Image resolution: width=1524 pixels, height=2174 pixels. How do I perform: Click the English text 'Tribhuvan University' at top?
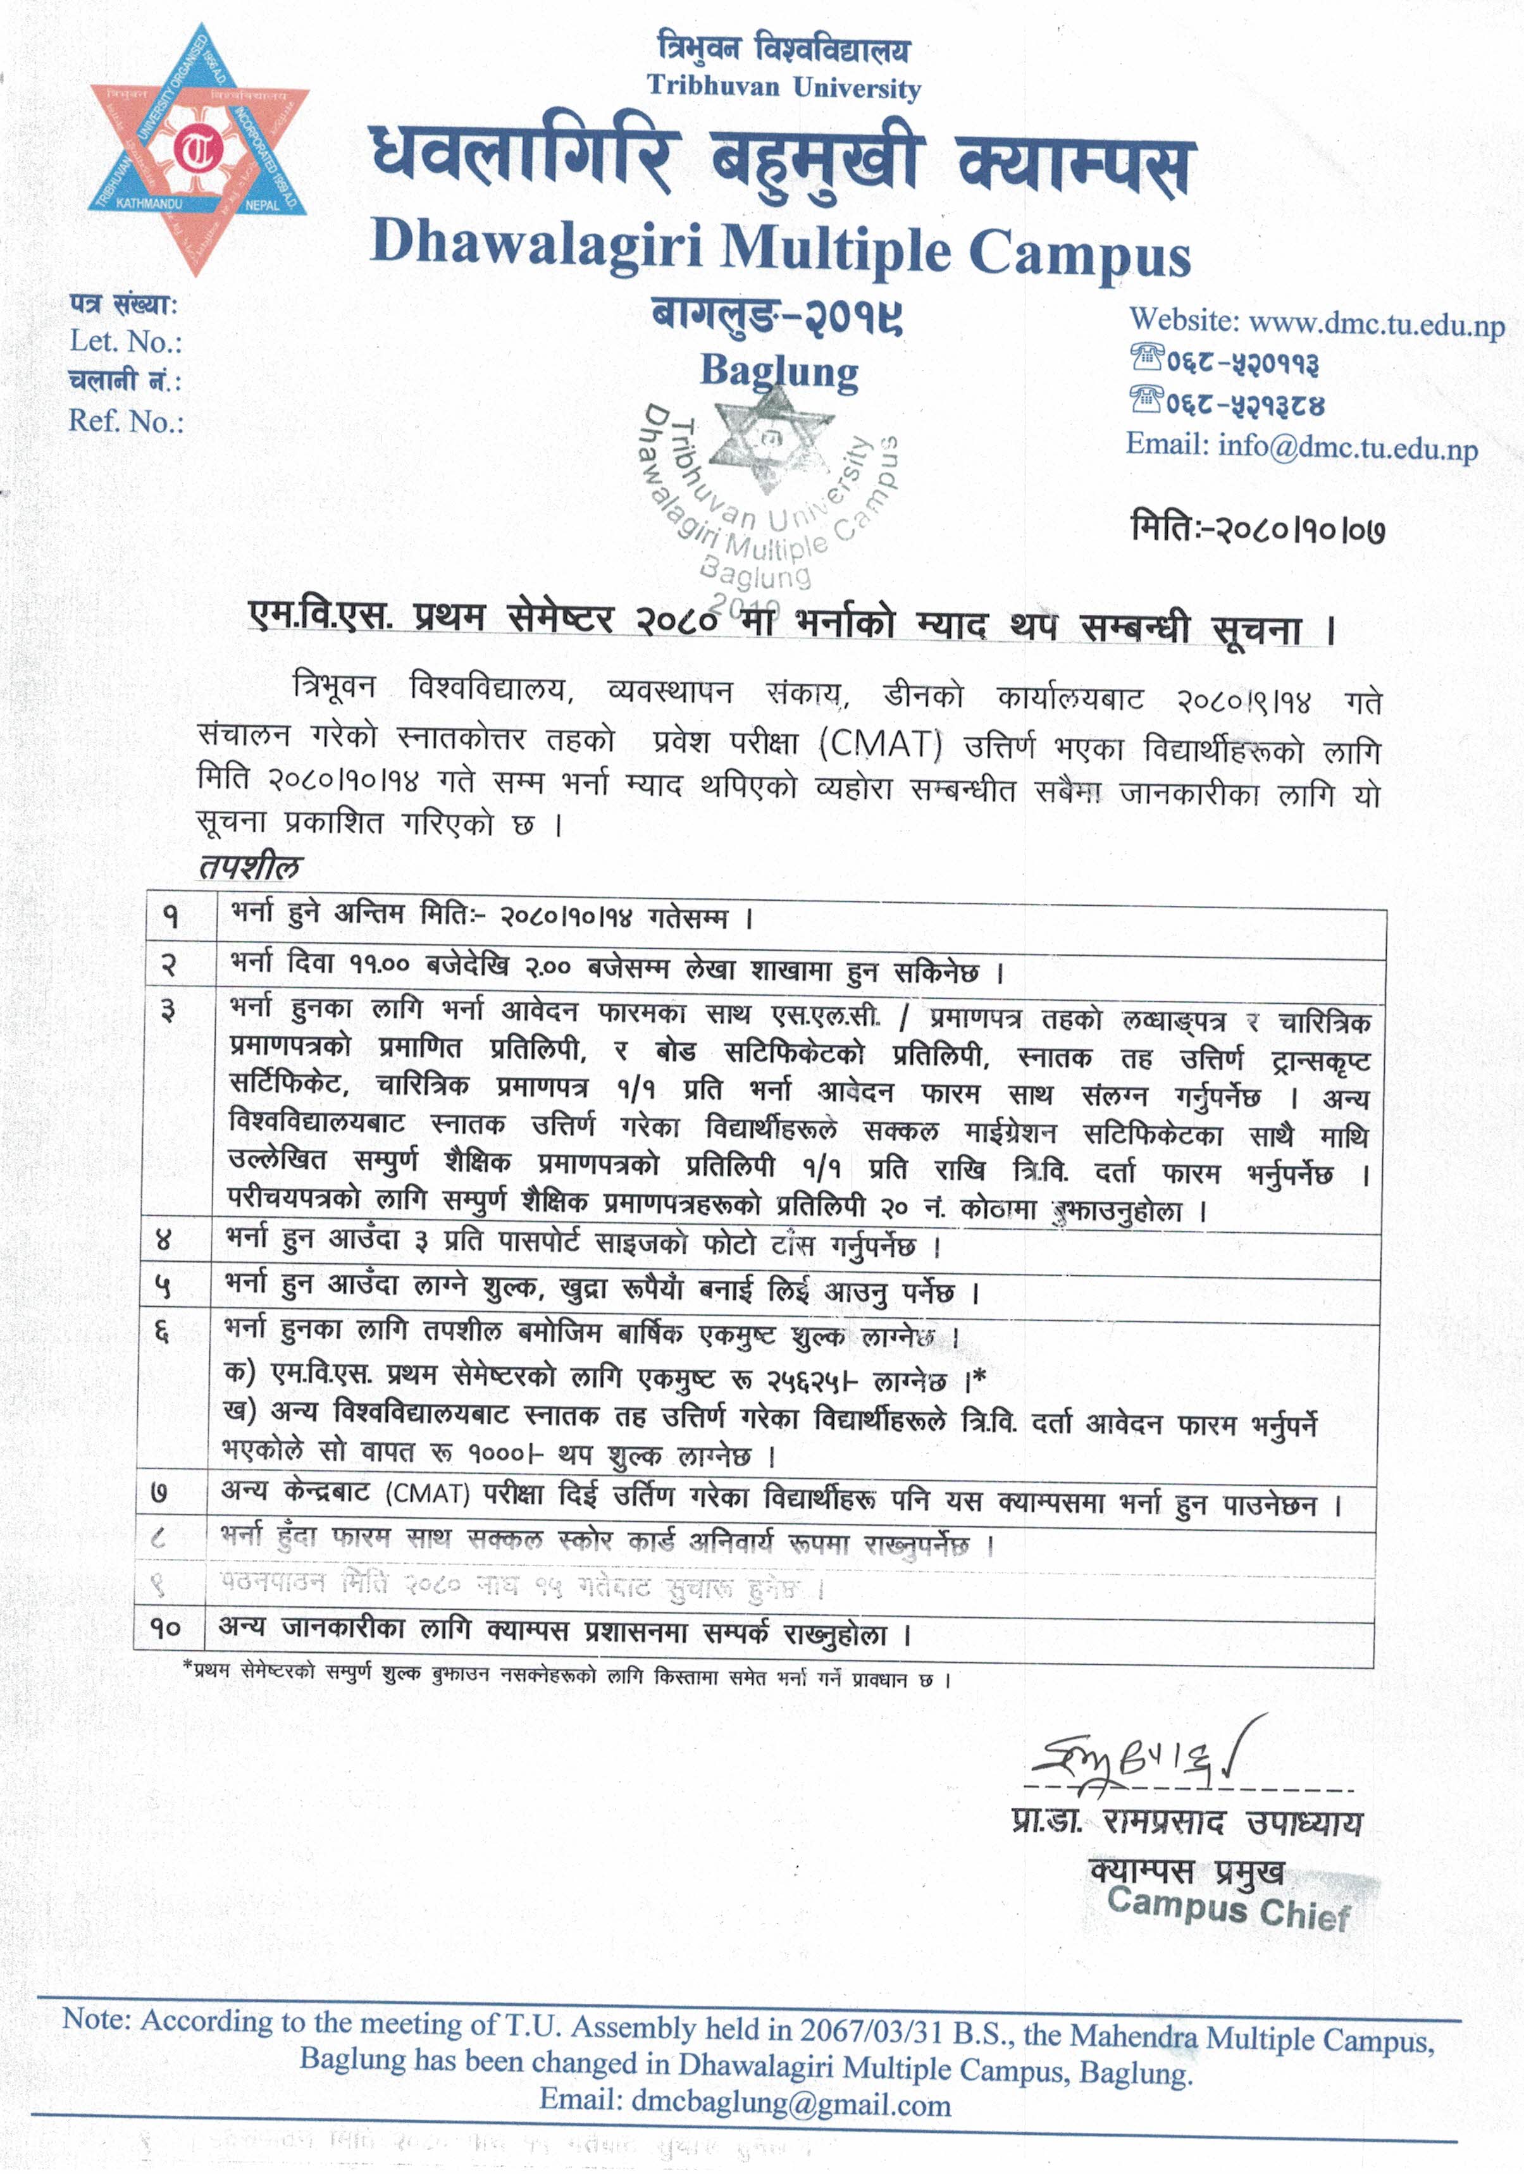point(783,88)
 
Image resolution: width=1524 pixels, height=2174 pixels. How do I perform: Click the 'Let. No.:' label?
point(126,342)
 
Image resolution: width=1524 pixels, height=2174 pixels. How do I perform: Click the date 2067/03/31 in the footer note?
point(879,2029)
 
